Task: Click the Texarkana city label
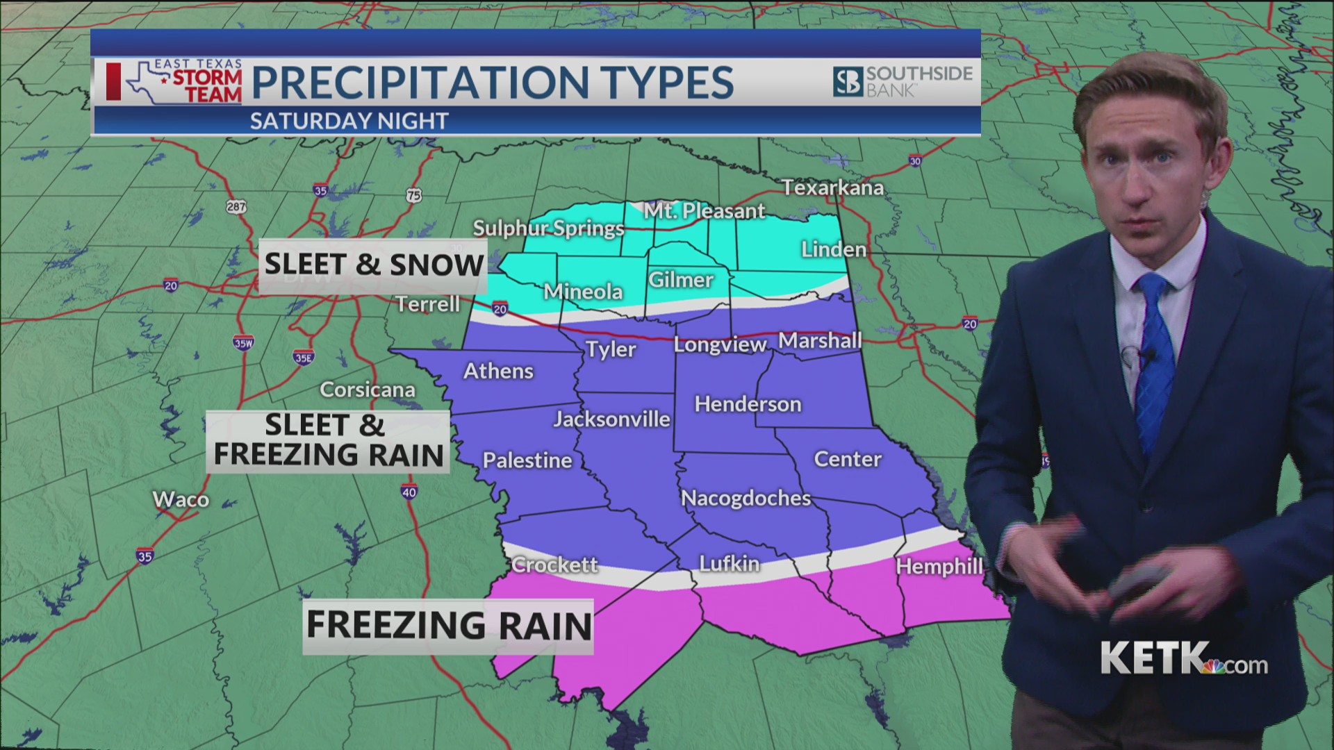(832, 187)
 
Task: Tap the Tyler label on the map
(610, 349)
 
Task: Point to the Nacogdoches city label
(746, 498)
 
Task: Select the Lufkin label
(729, 563)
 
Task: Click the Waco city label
(181, 499)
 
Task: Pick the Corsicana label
(367, 390)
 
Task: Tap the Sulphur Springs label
(548, 228)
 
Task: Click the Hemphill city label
(939, 566)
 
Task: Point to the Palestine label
(527, 460)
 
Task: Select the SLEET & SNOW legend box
(373, 265)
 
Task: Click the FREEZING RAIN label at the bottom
(448, 625)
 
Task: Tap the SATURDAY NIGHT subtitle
(349, 122)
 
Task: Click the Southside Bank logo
(903, 81)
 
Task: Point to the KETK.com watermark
(1183, 658)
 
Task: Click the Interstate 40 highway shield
(409, 492)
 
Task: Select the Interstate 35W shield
(243, 343)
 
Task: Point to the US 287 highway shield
(236, 206)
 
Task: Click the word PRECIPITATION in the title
(420, 83)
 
